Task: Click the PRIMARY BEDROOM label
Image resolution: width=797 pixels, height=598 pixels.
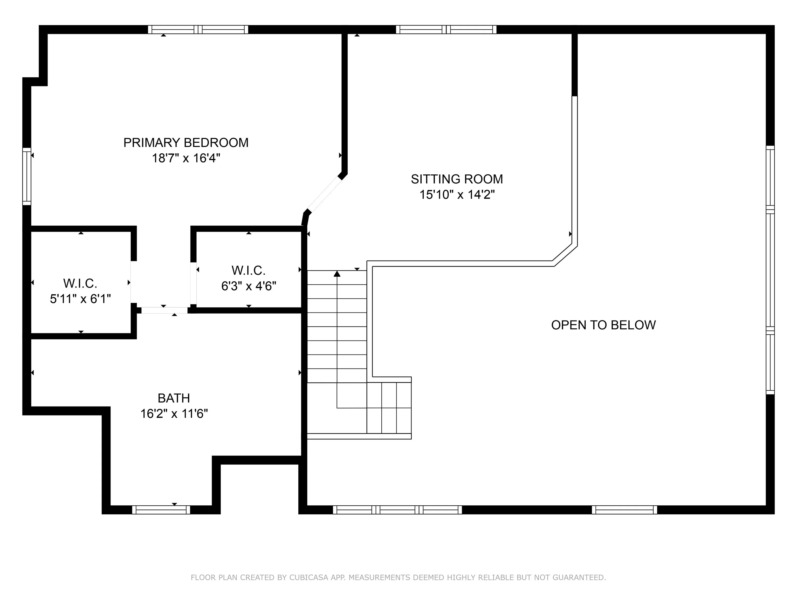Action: click(x=186, y=143)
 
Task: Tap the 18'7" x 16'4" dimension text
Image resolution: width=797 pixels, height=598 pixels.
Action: click(x=186, y=158)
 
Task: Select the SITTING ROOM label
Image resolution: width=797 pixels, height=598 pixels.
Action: click(x=457, y=179)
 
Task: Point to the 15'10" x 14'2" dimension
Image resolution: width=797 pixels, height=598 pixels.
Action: click(x=457, y=195)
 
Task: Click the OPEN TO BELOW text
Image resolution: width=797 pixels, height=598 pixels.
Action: click(x=603, y=325)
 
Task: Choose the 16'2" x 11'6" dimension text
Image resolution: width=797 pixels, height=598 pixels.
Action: click(x=174, y=414)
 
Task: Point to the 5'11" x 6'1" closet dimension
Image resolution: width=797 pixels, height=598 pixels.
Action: click(x=80, y=299)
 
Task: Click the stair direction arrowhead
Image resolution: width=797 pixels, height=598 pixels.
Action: click(x=337, y=274)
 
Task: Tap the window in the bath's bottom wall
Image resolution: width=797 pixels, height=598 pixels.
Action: click(x=161, y=510)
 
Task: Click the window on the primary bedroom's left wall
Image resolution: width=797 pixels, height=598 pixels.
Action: click(x=27, y=176)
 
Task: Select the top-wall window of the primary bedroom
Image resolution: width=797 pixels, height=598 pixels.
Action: click(x=198, y=30)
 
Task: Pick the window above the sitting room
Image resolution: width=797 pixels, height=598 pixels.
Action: click(x=446, y=30)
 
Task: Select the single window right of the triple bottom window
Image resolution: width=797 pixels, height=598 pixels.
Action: click(x=624, y=510)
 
